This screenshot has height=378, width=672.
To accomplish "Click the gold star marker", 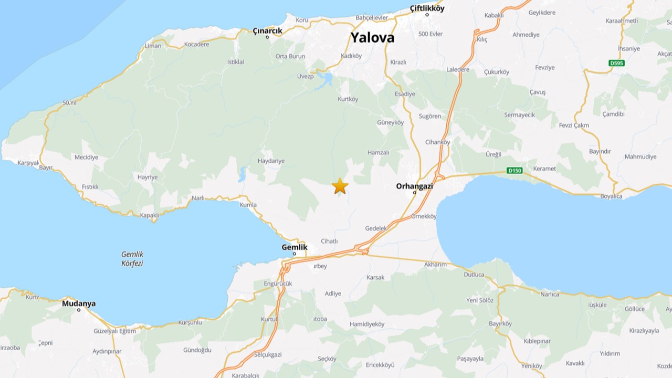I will [x=340, y=186].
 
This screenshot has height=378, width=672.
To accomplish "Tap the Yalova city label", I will [x=372, y=38].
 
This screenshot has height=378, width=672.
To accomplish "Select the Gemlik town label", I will [x=294, y=247].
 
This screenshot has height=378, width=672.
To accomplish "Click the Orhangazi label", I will [x=415, y=185].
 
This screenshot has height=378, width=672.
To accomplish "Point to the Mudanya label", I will [x=79, y=303].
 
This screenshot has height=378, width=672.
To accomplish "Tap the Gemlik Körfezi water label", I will [x=132, y=259].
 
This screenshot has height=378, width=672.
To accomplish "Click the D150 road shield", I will [x=514, y=170].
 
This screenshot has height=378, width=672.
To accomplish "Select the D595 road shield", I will [x=616, y=63].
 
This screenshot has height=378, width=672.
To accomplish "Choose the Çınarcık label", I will [x=267, y=31].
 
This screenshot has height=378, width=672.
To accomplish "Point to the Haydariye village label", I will [x=271, y=161].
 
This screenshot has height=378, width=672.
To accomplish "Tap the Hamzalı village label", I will [x=379, y=152].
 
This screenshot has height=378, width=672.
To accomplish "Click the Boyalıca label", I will [x=611, y=196].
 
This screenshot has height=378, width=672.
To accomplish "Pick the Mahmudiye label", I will [x=640, y=157].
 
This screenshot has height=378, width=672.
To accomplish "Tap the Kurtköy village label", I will [x=348, y=99].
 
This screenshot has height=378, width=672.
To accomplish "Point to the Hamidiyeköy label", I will [x=367, y=324].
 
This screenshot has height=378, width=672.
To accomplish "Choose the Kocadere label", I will [x=197, y=45].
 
